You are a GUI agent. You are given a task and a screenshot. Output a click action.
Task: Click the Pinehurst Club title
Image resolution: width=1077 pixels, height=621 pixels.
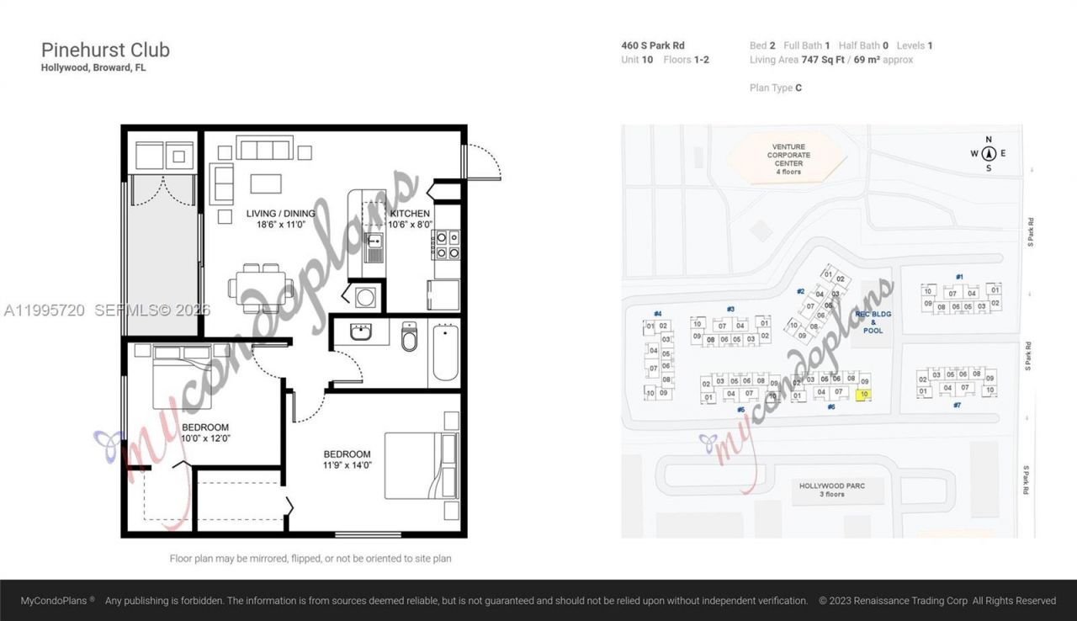click(105, 50)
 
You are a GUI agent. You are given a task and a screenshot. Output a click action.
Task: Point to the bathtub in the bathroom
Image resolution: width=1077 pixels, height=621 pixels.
click(444, 353)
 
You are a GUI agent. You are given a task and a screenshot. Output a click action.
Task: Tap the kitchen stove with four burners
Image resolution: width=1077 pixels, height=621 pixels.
click(447, 245)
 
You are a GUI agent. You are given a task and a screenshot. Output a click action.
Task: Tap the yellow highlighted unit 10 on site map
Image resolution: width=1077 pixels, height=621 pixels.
click(862, 394)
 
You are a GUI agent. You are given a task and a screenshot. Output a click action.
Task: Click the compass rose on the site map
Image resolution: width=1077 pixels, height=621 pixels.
click(989, 153)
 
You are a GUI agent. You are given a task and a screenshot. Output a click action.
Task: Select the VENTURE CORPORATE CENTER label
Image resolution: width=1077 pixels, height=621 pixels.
click(788, 159)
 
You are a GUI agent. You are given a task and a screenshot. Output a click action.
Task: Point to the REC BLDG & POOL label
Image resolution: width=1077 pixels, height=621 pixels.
click(873, 321)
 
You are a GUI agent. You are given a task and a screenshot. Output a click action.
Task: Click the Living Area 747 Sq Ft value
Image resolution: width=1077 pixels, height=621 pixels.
click(822, 60)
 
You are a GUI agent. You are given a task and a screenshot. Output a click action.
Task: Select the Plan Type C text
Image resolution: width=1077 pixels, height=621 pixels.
click(775, 88)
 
